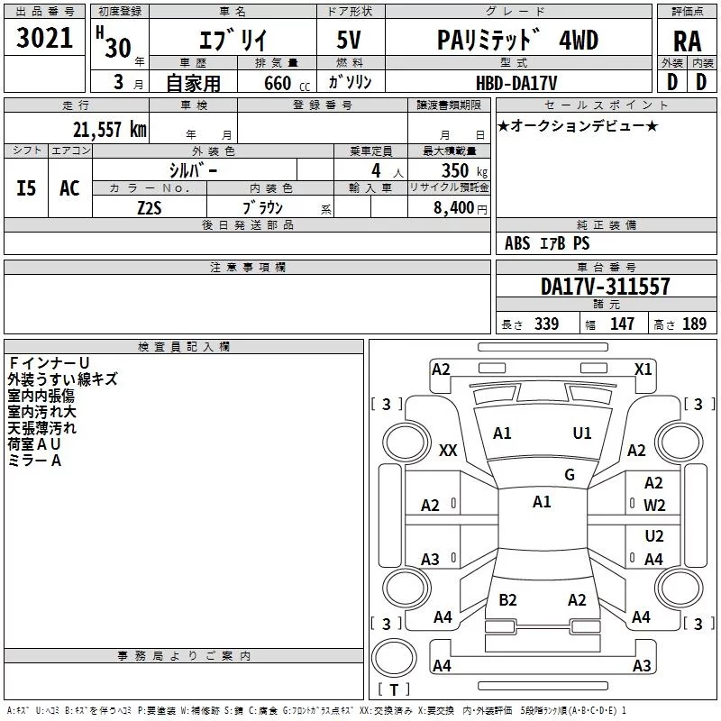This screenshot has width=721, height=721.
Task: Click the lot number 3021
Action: (44, 38)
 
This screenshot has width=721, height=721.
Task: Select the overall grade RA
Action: (688, 41)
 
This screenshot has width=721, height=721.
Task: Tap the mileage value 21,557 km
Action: (109, 130)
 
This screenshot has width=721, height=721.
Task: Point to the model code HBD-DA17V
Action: (516, 83)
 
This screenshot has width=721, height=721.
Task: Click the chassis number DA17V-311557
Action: (605, 287)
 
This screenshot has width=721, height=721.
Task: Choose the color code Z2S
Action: (150, 208)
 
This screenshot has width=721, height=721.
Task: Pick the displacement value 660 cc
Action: (287, 84)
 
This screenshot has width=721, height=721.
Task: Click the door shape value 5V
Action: (349, 40)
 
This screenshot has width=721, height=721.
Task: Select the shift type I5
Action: (26, 188)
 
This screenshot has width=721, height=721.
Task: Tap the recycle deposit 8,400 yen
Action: (461, 208)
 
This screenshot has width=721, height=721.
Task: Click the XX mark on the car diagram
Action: (448, 450)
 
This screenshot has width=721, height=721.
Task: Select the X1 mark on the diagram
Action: (643, 370)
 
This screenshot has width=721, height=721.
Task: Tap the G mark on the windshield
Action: (570, 475)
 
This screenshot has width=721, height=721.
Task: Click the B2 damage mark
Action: (507, 599)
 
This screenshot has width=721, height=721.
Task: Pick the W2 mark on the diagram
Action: (654, 506)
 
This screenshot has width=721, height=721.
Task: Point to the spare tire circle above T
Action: (394, 657)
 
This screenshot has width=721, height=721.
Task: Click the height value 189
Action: (694, 324)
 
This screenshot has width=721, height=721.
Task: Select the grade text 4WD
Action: (579, 40)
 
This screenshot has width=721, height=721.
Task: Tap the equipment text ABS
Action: (517, 243)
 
